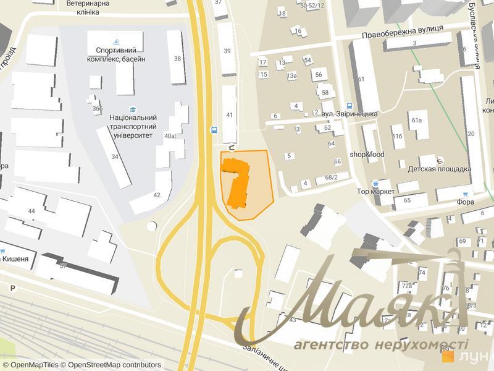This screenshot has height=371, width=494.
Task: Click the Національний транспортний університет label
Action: tap(132, 122)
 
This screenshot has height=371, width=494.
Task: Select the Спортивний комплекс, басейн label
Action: tap(120, 54)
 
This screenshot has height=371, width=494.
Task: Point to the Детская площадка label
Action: tap(439, 169)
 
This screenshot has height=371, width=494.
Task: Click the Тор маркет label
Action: tap(375, 192)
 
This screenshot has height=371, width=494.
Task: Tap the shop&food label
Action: tap(367, 154)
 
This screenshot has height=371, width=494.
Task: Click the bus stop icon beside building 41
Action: tap(214, 130)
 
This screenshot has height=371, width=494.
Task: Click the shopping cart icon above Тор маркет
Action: tap(375, 183)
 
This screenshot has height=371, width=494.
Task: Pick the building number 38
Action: tap(177, 59)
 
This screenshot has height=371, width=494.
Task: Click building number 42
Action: tap(156, 195)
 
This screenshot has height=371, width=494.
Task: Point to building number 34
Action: tap(115, 156)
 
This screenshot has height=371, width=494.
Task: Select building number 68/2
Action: tap(331, 178)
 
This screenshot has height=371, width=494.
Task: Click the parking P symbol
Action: tap(12, 288)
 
